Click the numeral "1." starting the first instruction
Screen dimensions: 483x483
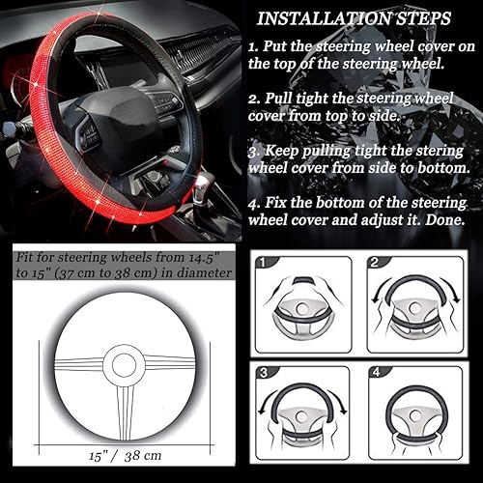pyautogui.click(x=253, y=47)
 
